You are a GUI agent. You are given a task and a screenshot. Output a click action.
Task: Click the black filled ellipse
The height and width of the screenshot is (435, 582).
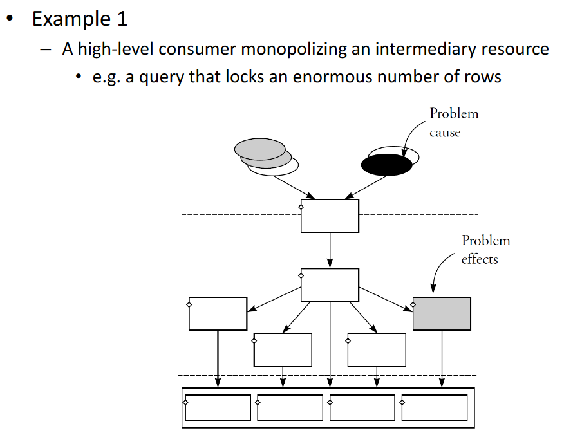(x=386, y=165)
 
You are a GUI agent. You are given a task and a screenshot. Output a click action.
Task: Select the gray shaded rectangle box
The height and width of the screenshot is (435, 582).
(x=442, y=313)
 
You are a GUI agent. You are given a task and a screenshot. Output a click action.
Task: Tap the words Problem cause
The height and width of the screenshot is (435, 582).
(x=454, y=122)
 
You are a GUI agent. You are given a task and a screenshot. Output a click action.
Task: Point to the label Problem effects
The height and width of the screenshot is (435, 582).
(x=485, y=250)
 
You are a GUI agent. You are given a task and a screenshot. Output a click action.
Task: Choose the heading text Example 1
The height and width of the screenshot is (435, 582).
(x=80, y=19)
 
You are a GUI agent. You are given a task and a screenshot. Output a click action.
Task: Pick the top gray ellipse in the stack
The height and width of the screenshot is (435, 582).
(x=260, y=149)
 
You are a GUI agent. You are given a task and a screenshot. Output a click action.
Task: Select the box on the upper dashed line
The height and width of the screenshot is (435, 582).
(x=330, y=216)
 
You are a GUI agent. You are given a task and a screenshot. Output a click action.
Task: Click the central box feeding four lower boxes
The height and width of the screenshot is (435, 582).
(x=330, y=284)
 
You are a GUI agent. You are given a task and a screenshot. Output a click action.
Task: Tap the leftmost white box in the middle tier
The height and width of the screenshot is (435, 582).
(x=218, y=313)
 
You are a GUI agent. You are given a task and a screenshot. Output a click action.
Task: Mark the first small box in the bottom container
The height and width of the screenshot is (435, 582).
(x=218, y=408)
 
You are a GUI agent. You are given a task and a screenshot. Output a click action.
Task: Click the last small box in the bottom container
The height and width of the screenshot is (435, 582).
(x=435, y=408)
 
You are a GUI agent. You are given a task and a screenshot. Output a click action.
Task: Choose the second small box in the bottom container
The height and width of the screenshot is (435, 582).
(x=290, y=408)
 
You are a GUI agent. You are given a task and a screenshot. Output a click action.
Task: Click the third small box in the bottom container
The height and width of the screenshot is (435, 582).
(x=362, y=408)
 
